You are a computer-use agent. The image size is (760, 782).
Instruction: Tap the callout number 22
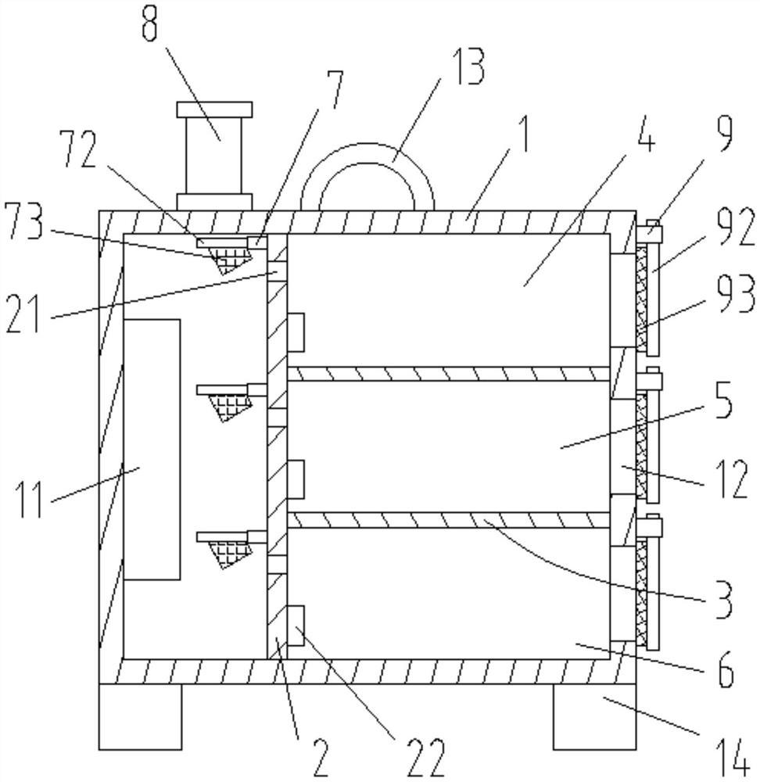pos(425,758)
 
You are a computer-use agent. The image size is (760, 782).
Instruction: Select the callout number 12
pos(731,479)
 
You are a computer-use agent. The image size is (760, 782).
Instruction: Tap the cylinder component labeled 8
pos(214,156)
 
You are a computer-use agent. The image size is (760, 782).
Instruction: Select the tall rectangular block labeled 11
pos(152,450)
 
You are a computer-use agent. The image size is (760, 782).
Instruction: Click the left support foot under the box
pos(140,716)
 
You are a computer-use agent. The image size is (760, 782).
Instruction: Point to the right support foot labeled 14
pos(594,716)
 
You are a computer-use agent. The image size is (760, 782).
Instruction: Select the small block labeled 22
pos(296,626)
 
